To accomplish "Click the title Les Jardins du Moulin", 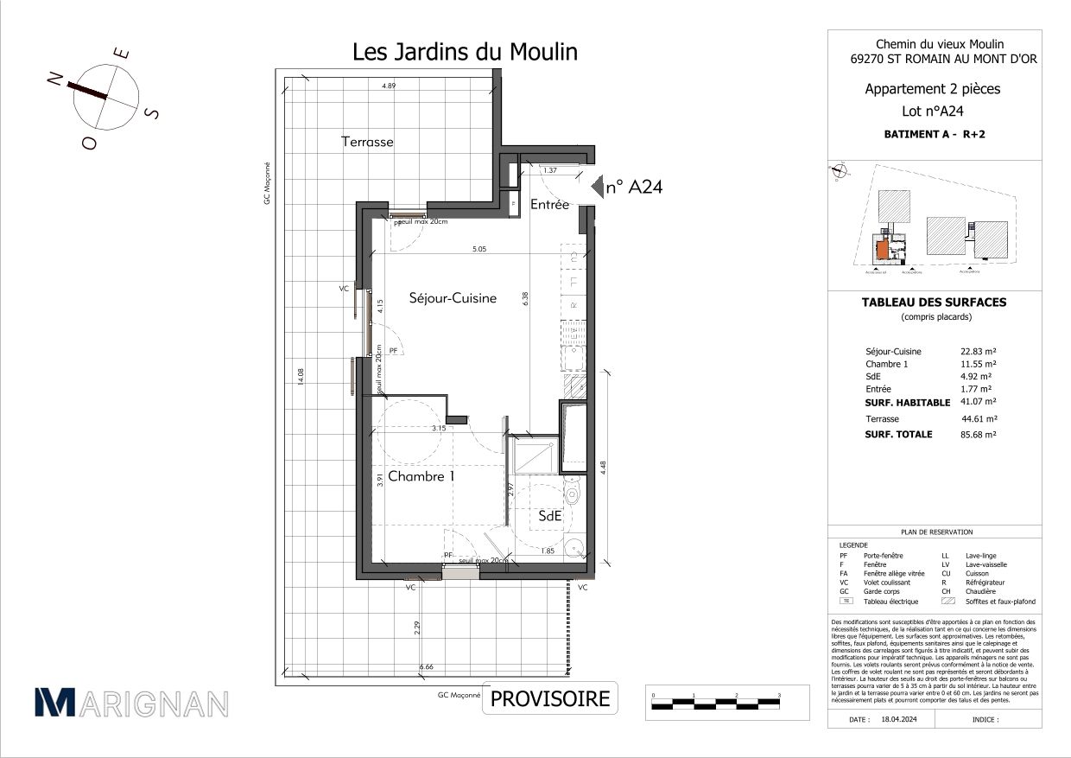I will pyautogui.click(x=465, y=52).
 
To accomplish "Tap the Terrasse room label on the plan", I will pyautogui.click(x=367, y=142).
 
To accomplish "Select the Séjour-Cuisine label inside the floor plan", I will pyautogui.click(x=453, y=298).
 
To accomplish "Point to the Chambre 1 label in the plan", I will pyautogui.click(x=421, y=476).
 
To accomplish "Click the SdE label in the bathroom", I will pyautogui.click(x=550, y=516).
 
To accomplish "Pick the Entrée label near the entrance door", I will pyautogui.click(x=549, y=205).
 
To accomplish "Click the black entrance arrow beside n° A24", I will pyautogui.click(x=596, y=185).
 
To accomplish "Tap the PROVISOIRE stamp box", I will pyautogui.click(x=550, y=698).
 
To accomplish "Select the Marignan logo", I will pyautogui.click(x=131, y=703).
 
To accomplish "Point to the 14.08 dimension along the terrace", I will pyautogui.click(x=300, y=379).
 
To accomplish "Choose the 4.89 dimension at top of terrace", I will pyautogui.click(x=390, y=86).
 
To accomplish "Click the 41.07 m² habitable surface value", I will pyautogui.click(x=979, y=402).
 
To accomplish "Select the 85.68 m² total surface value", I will pyautogui.click(x=979, y=435).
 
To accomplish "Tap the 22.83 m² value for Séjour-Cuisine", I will pyautogui.click(x=979, y=352).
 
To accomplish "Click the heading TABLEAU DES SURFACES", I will pyautogui.click(x=934, y=303).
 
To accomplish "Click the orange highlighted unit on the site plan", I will pyautogui.click(x=881, y=252).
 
